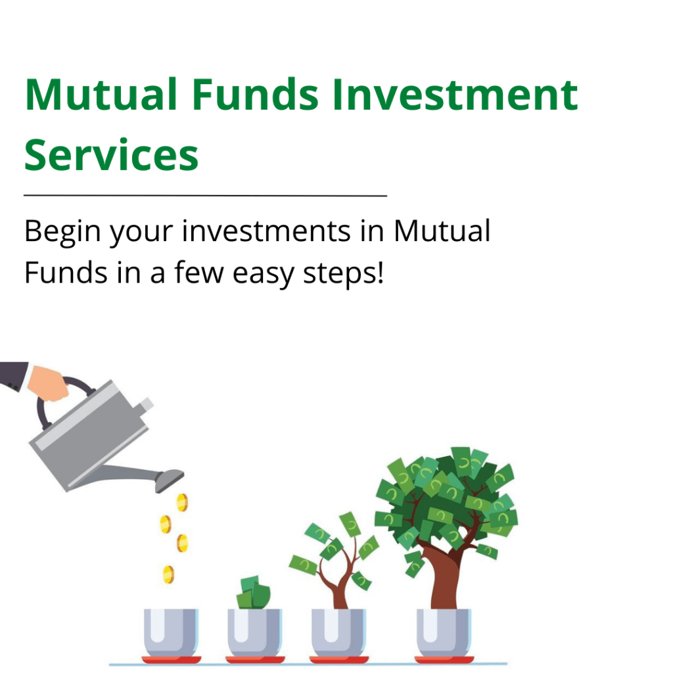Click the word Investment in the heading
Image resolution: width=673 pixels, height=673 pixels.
(x=455, y=95)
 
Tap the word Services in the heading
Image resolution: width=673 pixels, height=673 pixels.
(x=112, y=154)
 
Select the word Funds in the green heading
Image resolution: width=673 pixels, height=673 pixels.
(x=255, y=95)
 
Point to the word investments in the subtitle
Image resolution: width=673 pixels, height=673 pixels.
(x=266, y=231)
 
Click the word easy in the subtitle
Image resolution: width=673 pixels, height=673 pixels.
(x=263, y=275)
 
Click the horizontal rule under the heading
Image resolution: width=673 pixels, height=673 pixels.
(x=206, y=196)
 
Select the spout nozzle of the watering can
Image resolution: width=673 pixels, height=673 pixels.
(x=169, y=480)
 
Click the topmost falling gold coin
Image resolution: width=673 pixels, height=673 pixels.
(x=183, y=502)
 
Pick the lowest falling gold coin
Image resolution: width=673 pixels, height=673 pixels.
(x=169, y=574)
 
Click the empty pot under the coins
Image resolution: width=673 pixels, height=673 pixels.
(x=171, y=633)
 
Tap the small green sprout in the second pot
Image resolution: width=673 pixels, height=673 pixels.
(x=254, y=593)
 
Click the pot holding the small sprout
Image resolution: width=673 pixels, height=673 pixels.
(x=254, y=633)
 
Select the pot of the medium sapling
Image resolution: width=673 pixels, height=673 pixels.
(x=338, y=633)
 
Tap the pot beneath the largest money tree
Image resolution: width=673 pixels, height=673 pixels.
(x=444, y=633)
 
